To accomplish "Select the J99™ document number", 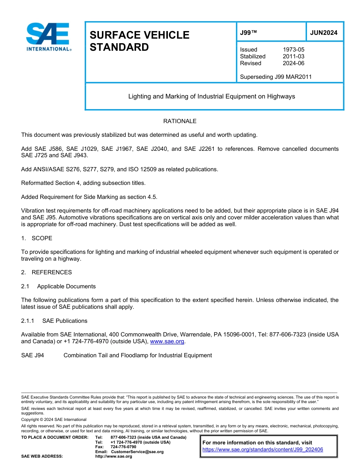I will [x=249, y=33].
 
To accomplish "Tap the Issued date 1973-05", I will [x=293, y=50].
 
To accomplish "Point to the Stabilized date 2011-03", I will [x=293, y=56].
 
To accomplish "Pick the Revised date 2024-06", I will [x=293, y=63].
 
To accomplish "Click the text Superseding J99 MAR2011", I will [x=275, y=77].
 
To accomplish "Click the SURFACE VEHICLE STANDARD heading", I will [x=139, y=41].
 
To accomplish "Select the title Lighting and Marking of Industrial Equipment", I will [x=211, y=96].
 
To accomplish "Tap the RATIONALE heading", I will [x=180, y=121].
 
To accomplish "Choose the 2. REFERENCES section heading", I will [x=46, y=272].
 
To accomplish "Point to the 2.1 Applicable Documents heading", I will [x=58, y=286].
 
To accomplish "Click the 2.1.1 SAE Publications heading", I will [x=54, y=321].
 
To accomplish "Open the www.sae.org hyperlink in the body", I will [x=167, y=342].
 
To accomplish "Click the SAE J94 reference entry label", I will [x=33, y=355].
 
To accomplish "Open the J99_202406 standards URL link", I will [x=263, y=450].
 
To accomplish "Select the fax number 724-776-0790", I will [x=123, y=447].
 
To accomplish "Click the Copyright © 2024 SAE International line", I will [x=54, y=420].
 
